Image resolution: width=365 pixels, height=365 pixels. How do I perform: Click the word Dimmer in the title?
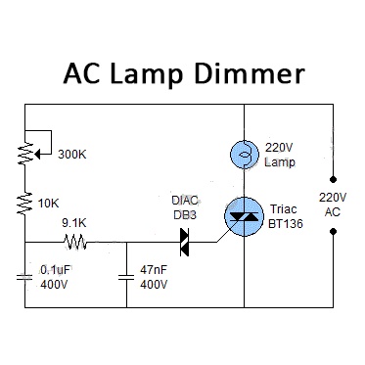pyautogui.click(x=250, y=73)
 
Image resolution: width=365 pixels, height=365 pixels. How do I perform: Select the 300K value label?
pyautogui.click(x=72, y=155)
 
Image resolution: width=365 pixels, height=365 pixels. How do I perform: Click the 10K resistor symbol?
pyautogui.click(x=24, y=204)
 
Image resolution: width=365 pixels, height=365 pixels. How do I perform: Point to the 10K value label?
pyautogui.click(x=49, y=204)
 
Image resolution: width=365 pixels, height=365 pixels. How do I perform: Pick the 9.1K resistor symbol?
pyautogui.click(x=75, y=242)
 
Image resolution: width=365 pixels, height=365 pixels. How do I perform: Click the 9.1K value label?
pyautogui.click(x=74, y=223)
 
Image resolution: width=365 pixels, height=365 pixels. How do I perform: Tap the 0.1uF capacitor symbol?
pyautogui.click(x=24, y=278)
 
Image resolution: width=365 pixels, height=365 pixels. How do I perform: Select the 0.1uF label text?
pyautogui.click(x=55, y=270)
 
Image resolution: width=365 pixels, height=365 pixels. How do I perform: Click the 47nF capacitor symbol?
pyautogui.click(x=126, y=277)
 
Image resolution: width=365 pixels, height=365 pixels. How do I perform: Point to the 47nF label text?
pyautogui.click(x=154, y=270)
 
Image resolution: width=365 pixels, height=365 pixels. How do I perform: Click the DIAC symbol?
pyautogui.click(x=185, y=242)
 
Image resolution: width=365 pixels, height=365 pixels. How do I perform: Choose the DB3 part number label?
pyautogui.click(x=185, y=214)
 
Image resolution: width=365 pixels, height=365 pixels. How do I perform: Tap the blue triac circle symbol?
pyautogui.click(x=244, y=216)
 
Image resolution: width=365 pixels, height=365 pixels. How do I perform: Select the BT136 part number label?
pyautogui.click(x=286, y=223)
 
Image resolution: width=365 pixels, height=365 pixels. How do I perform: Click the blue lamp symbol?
pyautogui.click(x=245, y=155)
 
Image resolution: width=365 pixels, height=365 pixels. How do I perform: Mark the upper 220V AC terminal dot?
pyautogui.click(x=333, y=179)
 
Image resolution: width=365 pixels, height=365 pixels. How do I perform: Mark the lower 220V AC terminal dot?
pyautogui.click(x=333, y=232)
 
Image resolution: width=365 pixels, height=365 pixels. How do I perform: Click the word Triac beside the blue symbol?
pyautogui.click(x=284, y=208)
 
